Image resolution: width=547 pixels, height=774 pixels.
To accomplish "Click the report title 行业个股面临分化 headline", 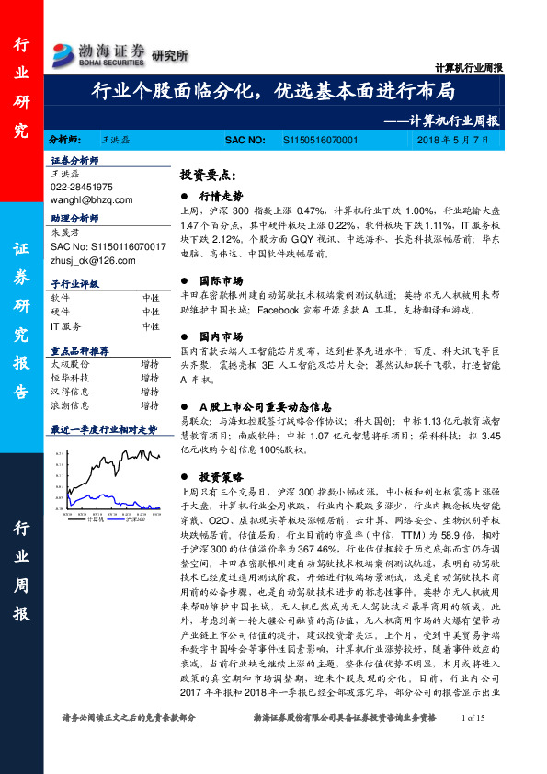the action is tap(273, 93).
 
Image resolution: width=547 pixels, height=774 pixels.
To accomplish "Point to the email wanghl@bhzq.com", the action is tap(92, 199).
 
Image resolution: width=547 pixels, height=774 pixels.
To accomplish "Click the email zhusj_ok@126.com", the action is tap(93, 260).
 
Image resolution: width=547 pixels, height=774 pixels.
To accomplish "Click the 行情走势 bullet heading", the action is tap(222, 196).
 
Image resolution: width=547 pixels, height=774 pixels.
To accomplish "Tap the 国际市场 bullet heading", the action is tap(222, 255).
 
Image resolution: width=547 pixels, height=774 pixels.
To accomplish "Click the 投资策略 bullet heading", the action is tap(222, 478).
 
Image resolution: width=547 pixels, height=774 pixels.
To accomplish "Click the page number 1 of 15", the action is tap(474, 743).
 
